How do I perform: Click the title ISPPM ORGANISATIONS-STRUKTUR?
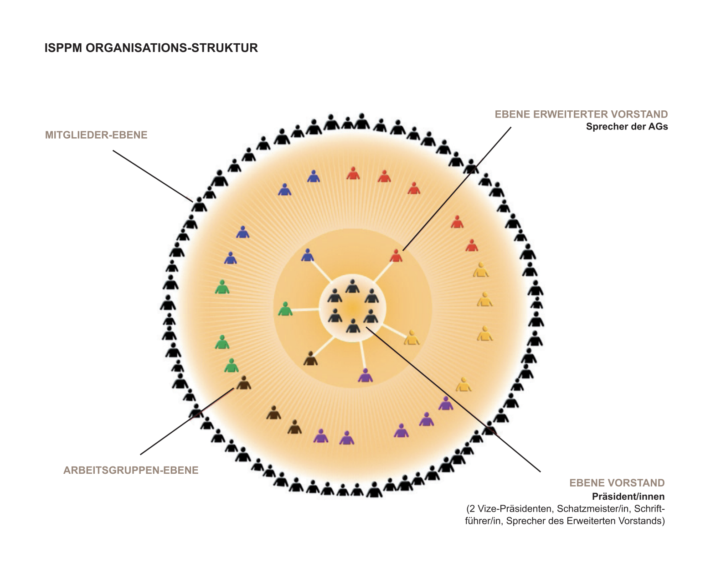151,48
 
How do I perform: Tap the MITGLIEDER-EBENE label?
96,135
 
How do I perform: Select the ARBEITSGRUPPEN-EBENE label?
131,470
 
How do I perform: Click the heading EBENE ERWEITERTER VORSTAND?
581,114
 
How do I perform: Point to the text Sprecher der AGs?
627,127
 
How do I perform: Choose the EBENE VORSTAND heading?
617,483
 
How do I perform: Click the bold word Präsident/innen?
628,497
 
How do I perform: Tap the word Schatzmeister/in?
593,509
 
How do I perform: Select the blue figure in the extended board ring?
308,255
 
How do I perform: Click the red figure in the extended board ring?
396,256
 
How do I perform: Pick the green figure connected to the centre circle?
285,309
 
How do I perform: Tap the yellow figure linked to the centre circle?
412,338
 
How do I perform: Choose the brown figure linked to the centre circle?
310,359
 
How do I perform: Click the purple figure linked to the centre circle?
365,376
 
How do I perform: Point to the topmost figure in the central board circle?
352,286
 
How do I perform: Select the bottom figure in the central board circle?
353,326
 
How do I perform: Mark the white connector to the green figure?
306,310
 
